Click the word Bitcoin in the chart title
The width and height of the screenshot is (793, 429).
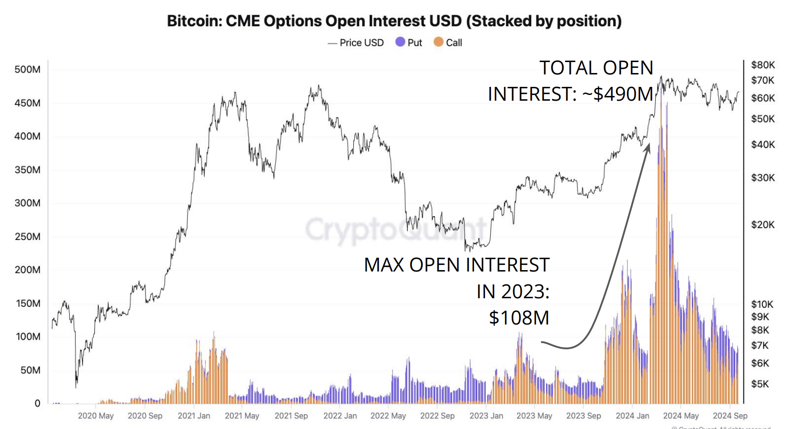click(193, 21)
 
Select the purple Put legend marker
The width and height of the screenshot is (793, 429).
click(400, 42)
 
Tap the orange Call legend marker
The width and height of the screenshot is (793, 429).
click(438, 42)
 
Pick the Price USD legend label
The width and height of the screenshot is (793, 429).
click(361, 42)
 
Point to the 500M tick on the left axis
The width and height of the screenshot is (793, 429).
click(27, 69)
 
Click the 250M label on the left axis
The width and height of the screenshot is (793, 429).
click(27, 237)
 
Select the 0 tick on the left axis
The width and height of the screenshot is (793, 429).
click(37, 403)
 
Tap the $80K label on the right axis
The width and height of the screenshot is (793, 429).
click(763, 65)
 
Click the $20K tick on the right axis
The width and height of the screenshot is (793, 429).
click(763, 224)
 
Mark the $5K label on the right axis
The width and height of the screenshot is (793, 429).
click(760, 384)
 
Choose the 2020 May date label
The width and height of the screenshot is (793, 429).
click(96, 416)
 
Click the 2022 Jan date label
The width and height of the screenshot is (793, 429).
click(340, 416)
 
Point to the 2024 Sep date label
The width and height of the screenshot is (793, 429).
click(730, 416)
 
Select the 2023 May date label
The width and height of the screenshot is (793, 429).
click(534, 416)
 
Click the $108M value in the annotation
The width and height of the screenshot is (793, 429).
click(519, 318)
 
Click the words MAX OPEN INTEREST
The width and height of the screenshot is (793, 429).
click(456, 265)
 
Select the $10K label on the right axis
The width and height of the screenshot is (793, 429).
click(762, 304)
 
